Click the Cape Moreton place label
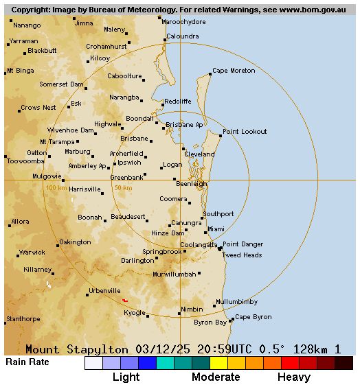234,71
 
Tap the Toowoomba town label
25,161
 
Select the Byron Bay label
210,322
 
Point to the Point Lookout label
245,131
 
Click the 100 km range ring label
56,188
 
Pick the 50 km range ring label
123,188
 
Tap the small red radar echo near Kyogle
125,300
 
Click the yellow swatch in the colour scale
218,363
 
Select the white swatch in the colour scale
93,363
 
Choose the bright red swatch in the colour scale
290,363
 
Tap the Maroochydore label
183,22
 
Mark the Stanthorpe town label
23,319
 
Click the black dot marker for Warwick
17,257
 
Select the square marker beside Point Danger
220,248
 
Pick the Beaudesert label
128,217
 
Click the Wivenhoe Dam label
71,130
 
